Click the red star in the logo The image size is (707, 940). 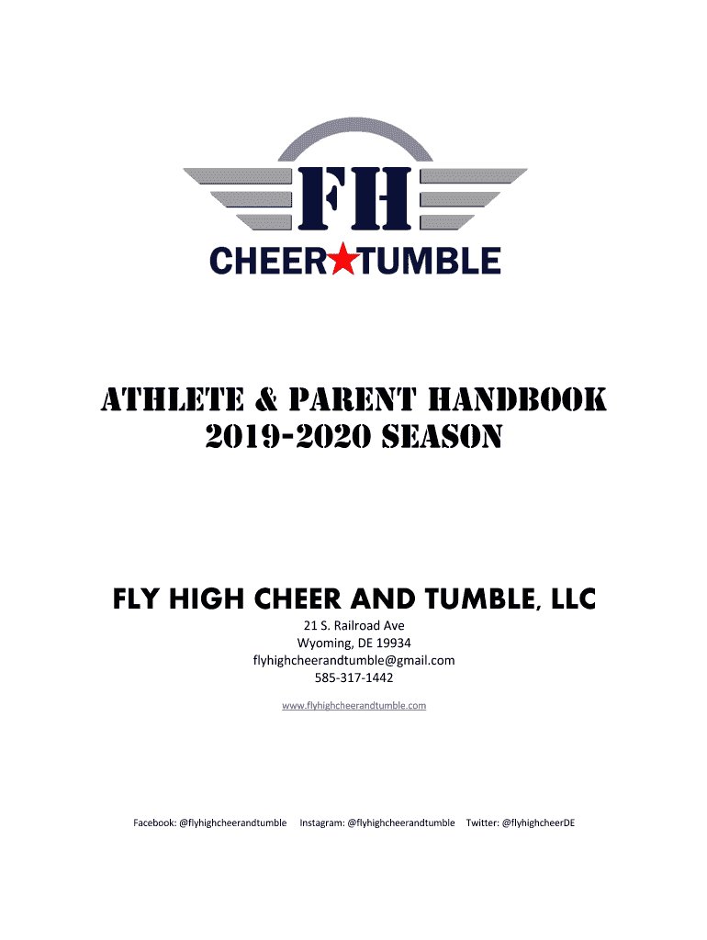point(343,259)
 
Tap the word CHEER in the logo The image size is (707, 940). point(268,261)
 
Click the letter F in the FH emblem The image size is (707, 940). point(323,198)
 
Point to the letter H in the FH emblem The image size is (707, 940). point(382,198)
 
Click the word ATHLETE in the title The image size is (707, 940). point(173,399)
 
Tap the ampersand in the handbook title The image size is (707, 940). point(266,400)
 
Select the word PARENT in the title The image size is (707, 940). point(352,399)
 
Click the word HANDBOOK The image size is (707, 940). point(517,399)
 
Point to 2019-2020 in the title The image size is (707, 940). point(288,436)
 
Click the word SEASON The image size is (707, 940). point(442,436)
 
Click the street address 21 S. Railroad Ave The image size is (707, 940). point(353,625)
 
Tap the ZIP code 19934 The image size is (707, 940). point(393,643)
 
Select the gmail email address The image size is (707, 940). point(353,661)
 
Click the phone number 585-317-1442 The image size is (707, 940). point(353,678)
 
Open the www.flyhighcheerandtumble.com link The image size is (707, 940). point(353,706)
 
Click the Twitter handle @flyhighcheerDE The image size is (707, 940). point(538,823)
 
